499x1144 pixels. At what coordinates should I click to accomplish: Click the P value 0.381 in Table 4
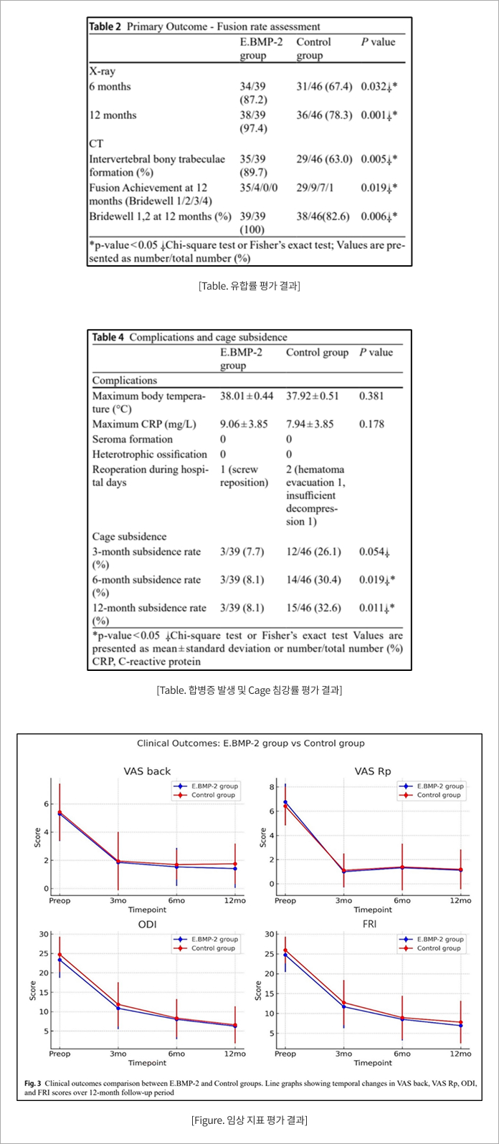(371, 396)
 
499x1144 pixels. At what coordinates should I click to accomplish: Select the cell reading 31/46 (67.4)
(324, 86)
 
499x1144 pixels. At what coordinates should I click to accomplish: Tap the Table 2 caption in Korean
(249, 286)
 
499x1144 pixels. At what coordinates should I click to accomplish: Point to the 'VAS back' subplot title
(147, 771)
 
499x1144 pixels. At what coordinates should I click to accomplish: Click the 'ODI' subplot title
(147, 925)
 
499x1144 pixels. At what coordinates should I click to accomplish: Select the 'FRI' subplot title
(373, 925)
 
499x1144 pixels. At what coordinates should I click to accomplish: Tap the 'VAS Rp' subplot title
(373, 771)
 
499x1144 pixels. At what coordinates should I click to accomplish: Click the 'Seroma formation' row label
(133, 439)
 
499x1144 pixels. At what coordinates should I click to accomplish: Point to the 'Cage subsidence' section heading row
(130, 536)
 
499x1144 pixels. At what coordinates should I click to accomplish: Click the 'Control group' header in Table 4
(318, 352)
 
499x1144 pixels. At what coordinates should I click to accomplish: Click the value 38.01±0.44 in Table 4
(247, 396)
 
